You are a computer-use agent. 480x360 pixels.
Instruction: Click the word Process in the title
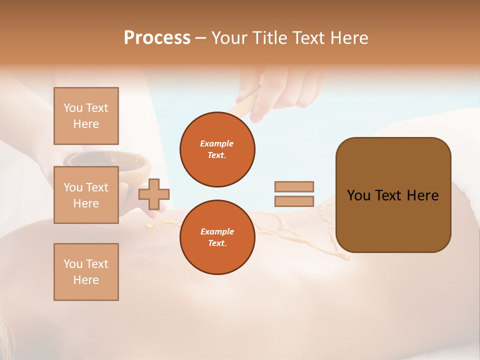pos(157,38)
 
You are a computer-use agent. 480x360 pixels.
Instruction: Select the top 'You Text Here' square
pos(86,116)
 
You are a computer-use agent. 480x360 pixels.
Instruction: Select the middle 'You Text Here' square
pos(86,195)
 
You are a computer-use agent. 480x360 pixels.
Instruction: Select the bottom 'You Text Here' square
pos(86,271)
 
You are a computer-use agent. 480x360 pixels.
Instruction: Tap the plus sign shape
pos(153,194)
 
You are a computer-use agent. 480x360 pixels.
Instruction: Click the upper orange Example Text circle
pos(217,149)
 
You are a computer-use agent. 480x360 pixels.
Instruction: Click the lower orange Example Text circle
pos(217,237)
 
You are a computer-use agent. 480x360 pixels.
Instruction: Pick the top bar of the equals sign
pos(294,186)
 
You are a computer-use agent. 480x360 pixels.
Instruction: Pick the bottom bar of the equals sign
pos(294,201)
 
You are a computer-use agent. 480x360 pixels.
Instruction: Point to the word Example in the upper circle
pos(217,143)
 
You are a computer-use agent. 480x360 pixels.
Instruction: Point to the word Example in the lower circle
pos(217,231)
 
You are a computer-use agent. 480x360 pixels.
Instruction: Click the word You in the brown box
pos(358,195)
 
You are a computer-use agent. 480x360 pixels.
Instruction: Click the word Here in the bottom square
pos(86,280)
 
